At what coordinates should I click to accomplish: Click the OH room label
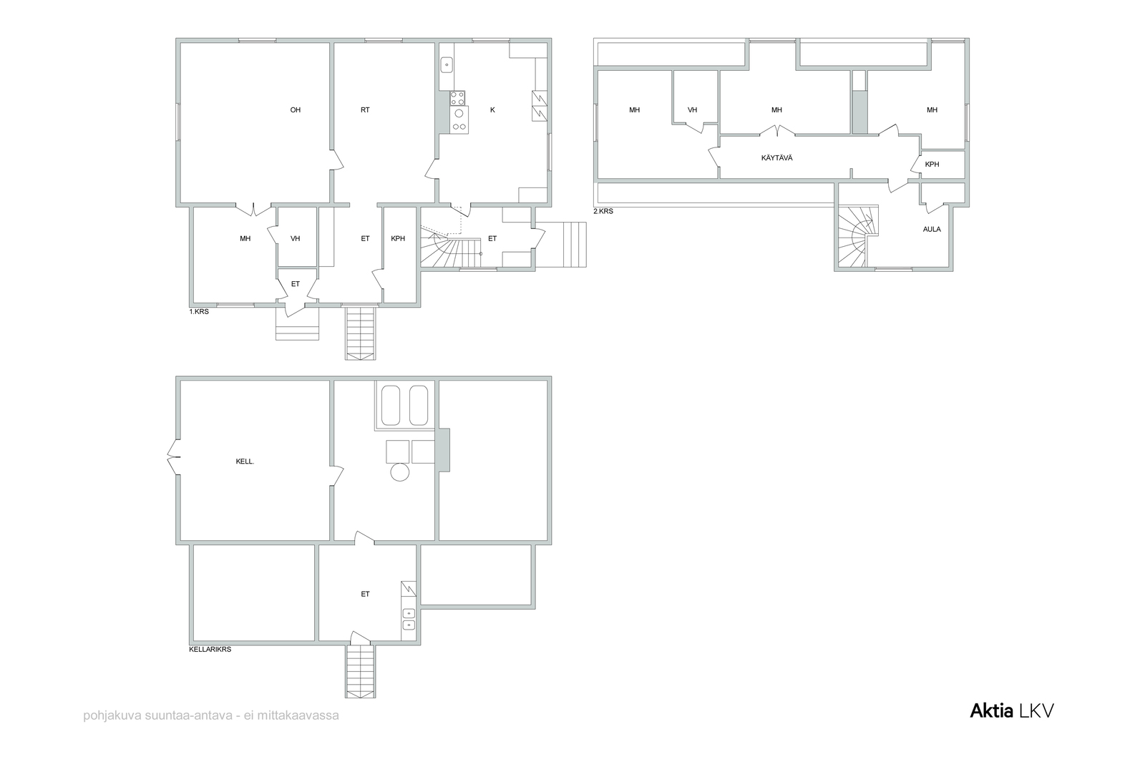pos(296,110)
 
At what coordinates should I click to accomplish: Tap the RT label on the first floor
pos(365,110)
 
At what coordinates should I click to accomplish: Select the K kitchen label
pos(493,110)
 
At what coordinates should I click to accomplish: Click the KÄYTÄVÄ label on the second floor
pos(777,158)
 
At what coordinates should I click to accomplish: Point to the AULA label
pos(932,230)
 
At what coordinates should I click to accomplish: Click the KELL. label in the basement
pos(245,461)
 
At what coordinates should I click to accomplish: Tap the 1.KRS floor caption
pos(199,311)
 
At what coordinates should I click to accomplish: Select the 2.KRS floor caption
pos(603,211)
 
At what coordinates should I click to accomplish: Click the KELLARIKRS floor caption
pos(210,650)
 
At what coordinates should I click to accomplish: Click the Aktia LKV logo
pos(1012,711)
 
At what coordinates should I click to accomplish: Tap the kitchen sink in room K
pos(447,65)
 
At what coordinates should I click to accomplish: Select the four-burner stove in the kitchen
pos(457,98)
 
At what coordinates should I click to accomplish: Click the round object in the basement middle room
pos(400,472)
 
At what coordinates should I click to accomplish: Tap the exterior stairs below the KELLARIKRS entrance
pos(361,671)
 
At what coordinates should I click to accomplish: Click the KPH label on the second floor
pos(932,165)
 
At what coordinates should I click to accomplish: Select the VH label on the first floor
pos(295,239)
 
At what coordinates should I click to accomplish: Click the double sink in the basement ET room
pos(409,618)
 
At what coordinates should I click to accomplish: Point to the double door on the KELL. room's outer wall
pos(172,456)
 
